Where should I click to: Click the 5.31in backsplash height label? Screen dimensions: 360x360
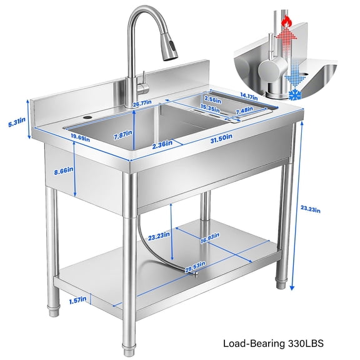[12, 123]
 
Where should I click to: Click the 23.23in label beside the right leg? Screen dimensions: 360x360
[310, 211]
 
